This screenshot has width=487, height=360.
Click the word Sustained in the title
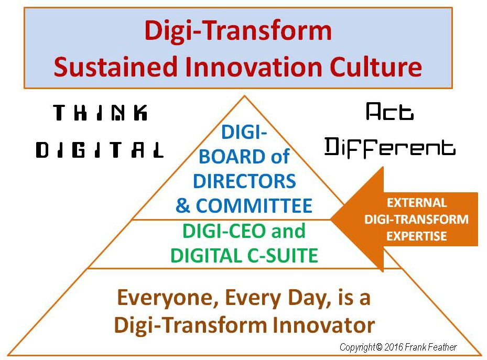(115, 67)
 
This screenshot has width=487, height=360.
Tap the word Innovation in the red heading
(253, 67)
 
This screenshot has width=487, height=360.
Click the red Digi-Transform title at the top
(238, 31)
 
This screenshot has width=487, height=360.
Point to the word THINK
(100, 112)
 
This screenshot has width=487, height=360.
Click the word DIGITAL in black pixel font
(100, 150)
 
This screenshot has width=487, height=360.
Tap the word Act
(390, 112)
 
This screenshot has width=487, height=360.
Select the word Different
(390, 148)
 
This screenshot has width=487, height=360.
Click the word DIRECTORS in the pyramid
(244, 181)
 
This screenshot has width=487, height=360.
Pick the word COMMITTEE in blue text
(254, 205)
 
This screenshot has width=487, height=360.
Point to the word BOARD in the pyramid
(233, 156)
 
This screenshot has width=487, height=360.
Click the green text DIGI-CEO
(225, 231)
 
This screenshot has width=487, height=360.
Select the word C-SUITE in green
(283, 255)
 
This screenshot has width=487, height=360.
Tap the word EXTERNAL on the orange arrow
(417, 203)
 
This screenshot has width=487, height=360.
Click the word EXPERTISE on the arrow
(417, 236)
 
